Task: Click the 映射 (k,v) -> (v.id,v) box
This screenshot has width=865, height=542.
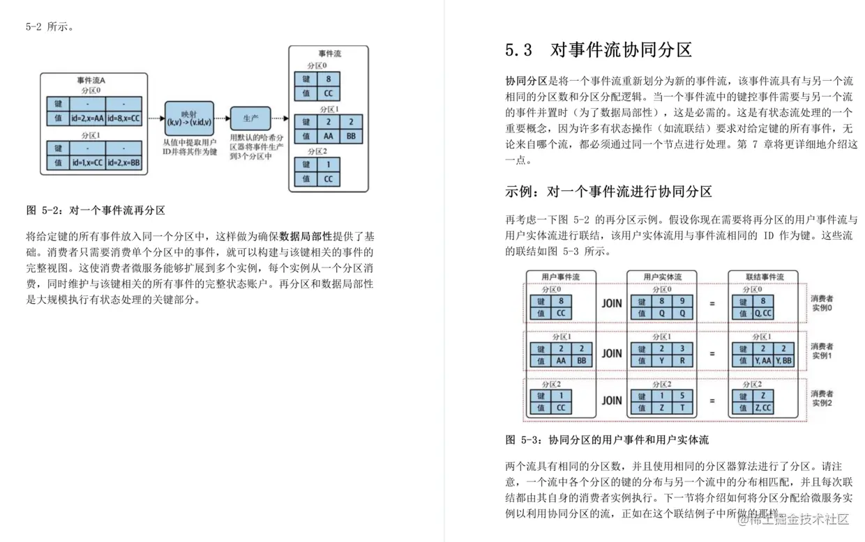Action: click(188, 118)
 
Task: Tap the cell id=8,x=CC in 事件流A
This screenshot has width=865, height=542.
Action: click(124, 118)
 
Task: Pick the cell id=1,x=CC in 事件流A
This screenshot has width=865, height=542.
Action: click(87, 162)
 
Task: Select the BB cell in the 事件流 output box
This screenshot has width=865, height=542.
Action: click(351, 137)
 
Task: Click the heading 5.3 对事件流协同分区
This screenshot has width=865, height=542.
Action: click(599, 50)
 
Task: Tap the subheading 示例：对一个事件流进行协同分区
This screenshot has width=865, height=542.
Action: click(608, 192)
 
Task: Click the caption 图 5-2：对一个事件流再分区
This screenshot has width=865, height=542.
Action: click(96, 210)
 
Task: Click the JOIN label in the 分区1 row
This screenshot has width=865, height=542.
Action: click(612, 353)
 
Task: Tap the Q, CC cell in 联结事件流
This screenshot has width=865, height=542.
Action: click(763, 313)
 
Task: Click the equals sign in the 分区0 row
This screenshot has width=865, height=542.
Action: click(712, 304)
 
